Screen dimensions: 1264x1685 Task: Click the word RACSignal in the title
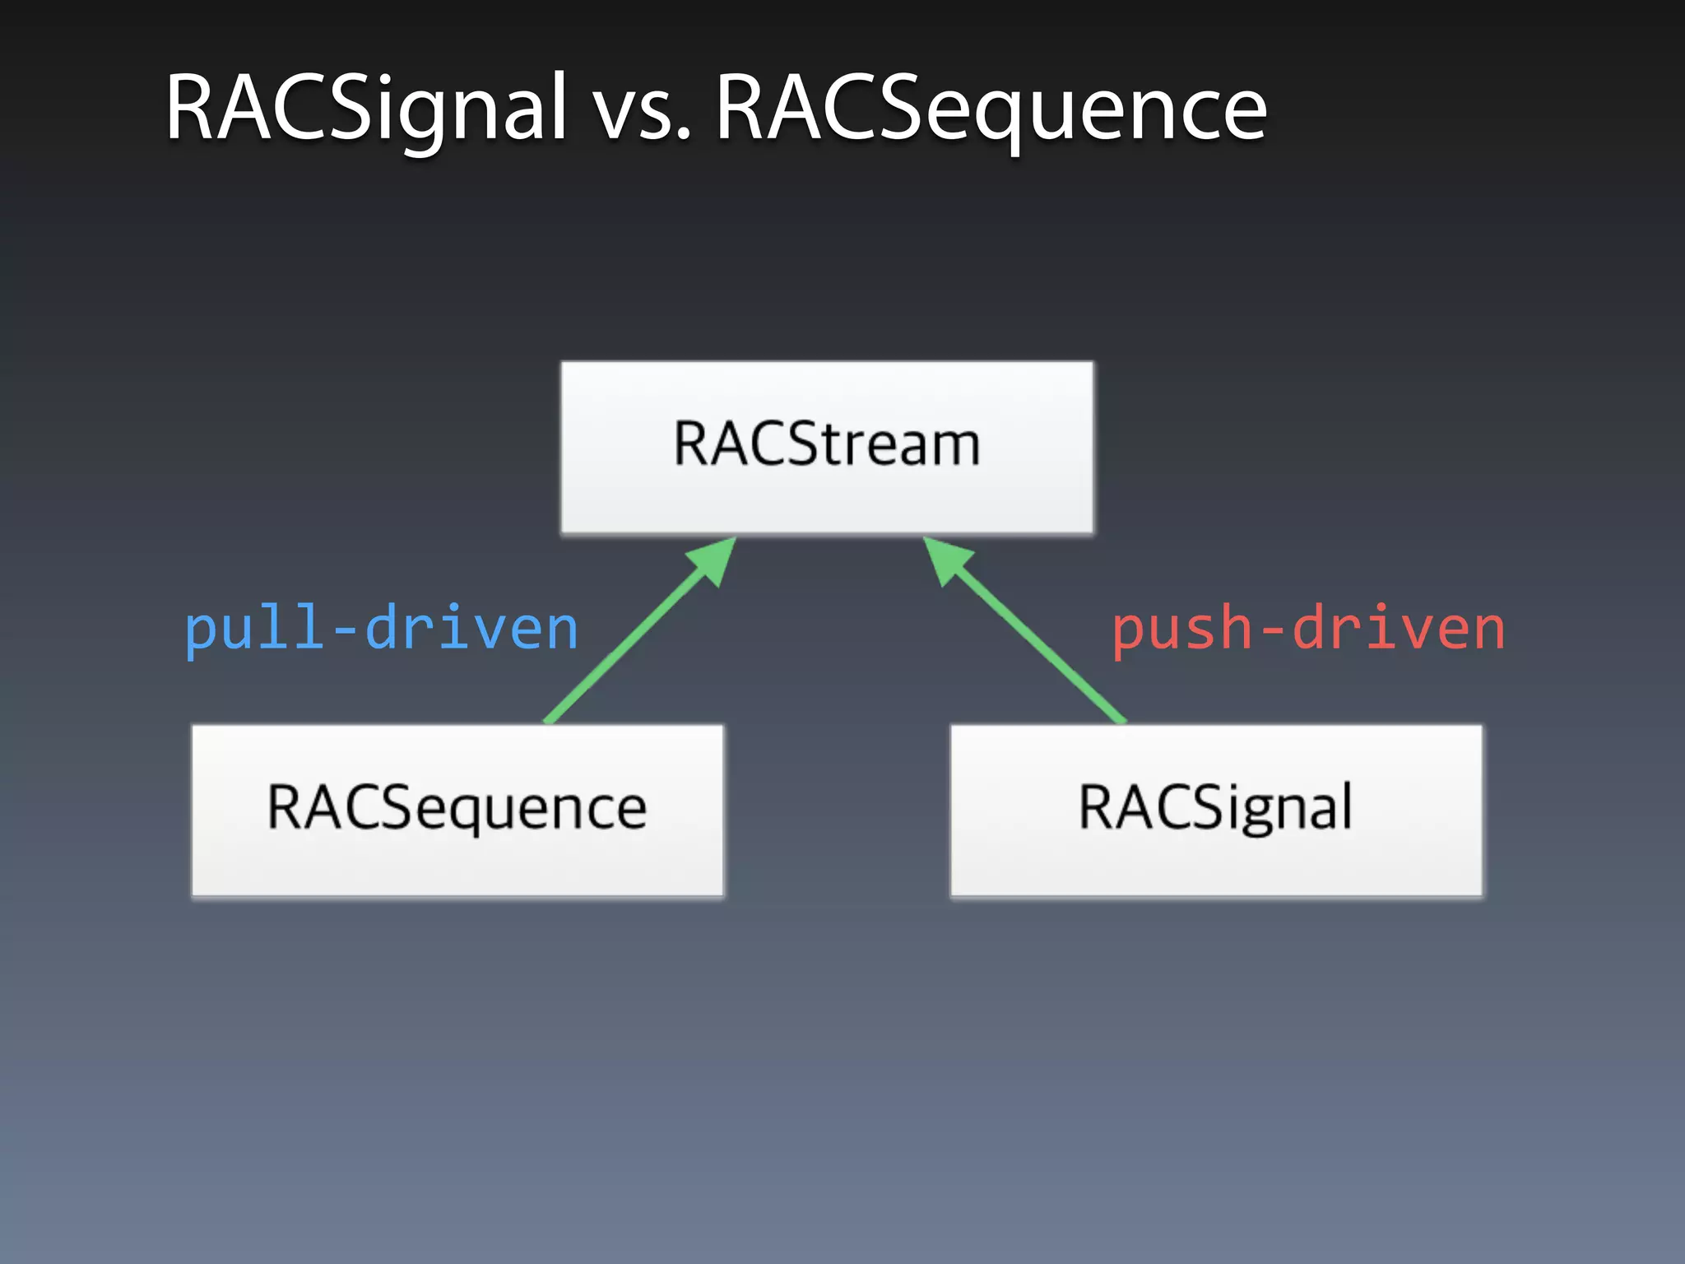point(366,109)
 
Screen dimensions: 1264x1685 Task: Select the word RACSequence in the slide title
point(991,111)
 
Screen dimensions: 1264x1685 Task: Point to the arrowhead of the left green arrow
point(714,560)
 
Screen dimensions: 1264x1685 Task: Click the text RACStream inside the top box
point(827,444)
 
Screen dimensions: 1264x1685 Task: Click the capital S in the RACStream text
point(804,444)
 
